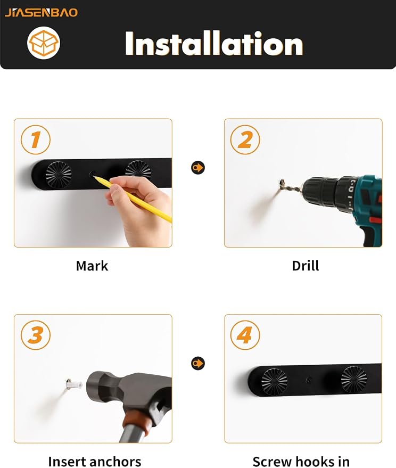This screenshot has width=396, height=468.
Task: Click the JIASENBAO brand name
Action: tap(41, 13)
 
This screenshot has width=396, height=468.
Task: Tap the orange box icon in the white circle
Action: tap(44, 43)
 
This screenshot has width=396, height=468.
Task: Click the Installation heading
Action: tap(214, 44)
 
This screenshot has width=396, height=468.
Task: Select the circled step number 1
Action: tap(36, 139)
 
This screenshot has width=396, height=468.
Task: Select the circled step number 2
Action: tap(245, 139)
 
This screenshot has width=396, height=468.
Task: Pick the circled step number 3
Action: tap(36, 335)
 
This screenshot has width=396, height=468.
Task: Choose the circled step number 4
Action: tap(245, 335)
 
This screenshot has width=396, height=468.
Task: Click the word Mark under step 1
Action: tap(92, 266)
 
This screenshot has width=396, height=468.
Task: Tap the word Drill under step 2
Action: tap(306, 266)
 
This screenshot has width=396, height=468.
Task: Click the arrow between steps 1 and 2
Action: tap(198, 167)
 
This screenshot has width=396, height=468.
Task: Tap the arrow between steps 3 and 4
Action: tap(198, 363)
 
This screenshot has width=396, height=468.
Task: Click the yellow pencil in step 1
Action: tap(133, 199)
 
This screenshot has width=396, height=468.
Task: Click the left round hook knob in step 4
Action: tap(275, 381)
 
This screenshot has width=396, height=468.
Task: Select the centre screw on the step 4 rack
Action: tap(309, 380)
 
